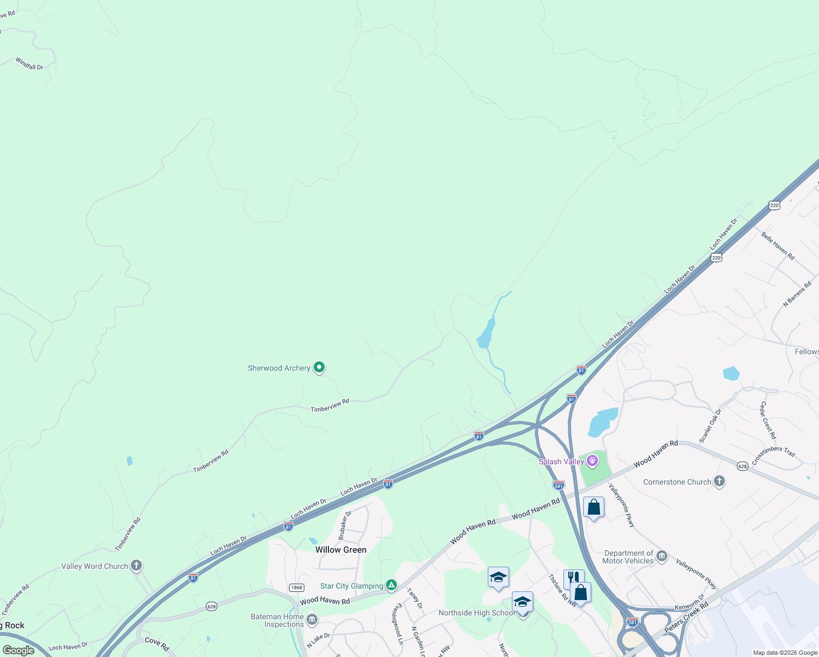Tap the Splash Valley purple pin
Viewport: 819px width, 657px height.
592,461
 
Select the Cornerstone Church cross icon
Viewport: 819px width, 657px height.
719,481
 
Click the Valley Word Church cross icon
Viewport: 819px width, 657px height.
136,566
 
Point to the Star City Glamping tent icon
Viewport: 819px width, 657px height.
391,585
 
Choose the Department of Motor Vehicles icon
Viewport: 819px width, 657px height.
662,556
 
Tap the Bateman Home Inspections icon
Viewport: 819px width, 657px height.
312,620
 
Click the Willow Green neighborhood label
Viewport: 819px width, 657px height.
341,550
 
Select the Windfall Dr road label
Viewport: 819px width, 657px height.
30,64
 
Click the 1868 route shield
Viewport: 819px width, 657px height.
296,587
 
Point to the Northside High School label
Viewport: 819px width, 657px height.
476,613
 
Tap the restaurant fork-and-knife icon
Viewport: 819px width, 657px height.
573,577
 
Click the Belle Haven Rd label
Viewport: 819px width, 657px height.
777,245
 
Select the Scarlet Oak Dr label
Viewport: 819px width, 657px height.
711,425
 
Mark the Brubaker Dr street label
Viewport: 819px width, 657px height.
344,525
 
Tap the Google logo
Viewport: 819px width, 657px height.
19,650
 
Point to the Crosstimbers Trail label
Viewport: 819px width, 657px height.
773,456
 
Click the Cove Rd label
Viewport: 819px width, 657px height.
157,644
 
